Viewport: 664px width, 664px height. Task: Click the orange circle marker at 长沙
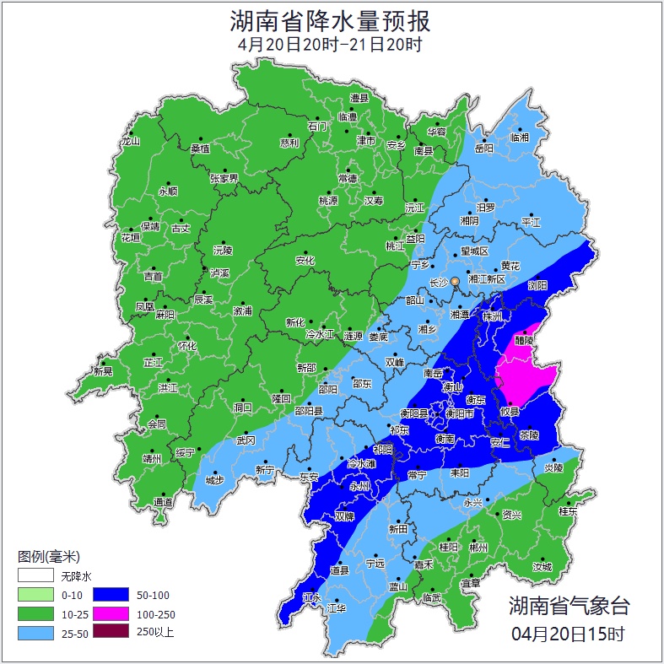tap(456, 281)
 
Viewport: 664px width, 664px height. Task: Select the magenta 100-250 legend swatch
tap(111, 614)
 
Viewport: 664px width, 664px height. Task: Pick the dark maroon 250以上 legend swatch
tap(111, 632)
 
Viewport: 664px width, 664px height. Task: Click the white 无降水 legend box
tap(35, 575)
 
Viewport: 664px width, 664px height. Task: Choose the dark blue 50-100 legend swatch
tap(111, 595)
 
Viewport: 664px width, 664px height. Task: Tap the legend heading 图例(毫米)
tap(48, 556)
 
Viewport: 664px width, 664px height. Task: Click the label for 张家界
tap(224, 178)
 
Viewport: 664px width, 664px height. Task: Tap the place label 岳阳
tap(484, 148)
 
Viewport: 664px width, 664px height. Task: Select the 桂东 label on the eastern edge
tap(568, 510)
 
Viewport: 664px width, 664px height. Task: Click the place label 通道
tap(163, 503)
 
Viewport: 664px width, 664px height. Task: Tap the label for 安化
tap(305, 261)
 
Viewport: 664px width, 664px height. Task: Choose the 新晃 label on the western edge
tap(103, 371)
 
